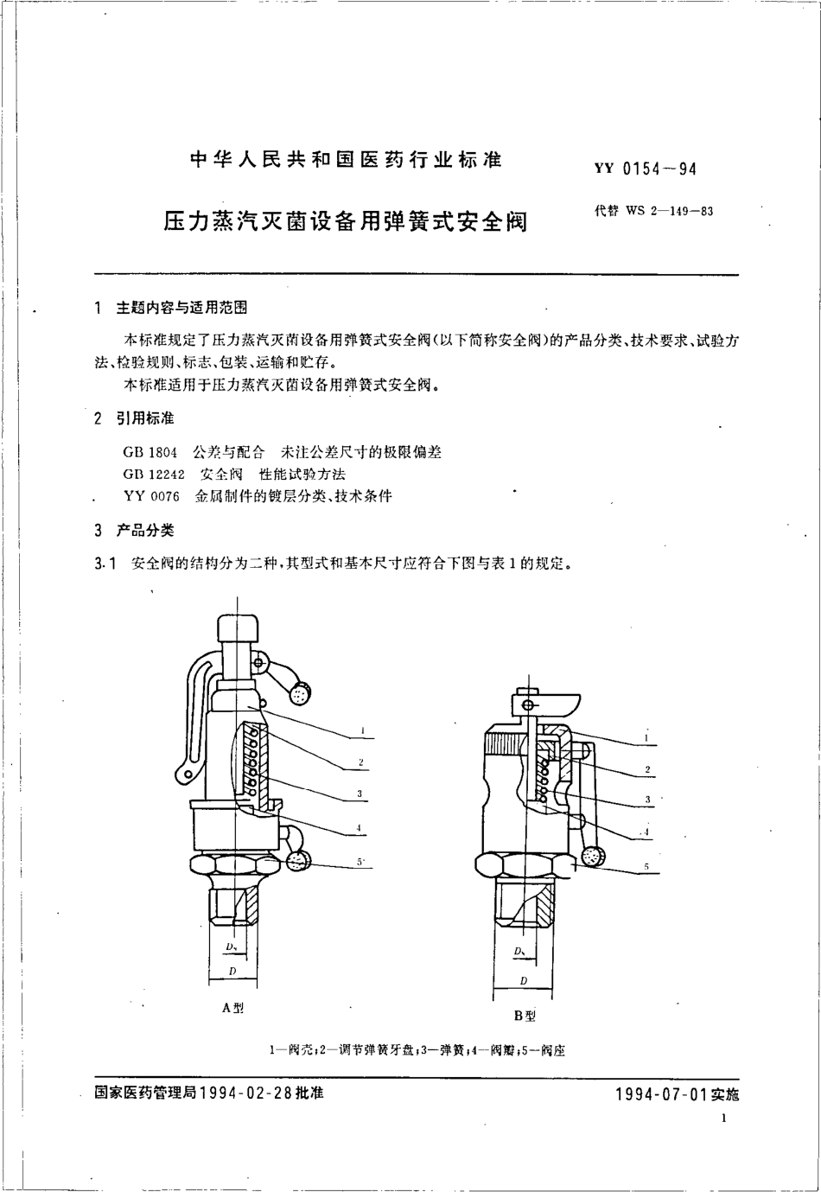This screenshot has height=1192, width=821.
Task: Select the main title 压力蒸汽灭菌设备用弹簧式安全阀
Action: coord(346,220)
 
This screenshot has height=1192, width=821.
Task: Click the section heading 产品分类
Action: coord(145,531)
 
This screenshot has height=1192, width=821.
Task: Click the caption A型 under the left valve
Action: coord(233,1008)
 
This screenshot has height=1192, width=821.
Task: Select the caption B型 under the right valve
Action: coord(525,1015)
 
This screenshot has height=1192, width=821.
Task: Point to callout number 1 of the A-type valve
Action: coord(363,731)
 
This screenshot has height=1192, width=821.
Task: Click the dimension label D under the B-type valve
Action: coord(524,980)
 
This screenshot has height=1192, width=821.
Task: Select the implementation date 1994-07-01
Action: coord(661,1093)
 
